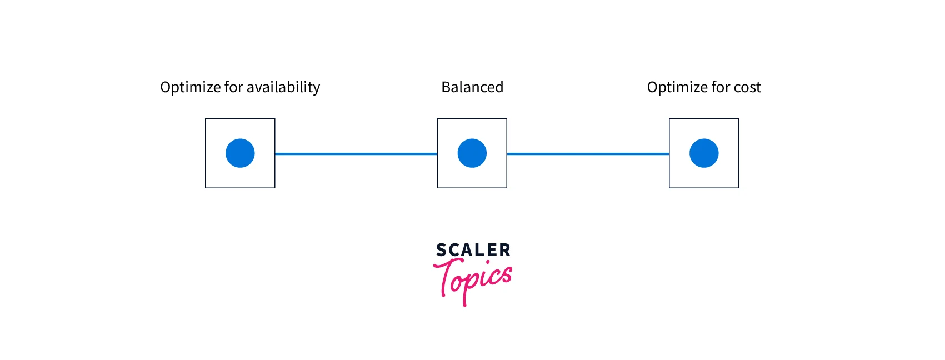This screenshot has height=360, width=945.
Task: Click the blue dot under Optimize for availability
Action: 240,153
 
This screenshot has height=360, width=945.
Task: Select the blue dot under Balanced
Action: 472,153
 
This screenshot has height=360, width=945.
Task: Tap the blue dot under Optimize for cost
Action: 704,153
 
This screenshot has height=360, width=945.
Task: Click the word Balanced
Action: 472,87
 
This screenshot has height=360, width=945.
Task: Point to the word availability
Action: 283,87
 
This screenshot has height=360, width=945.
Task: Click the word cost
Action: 748,88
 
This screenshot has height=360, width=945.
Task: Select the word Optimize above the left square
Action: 190,88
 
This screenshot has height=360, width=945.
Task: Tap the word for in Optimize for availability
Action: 233,87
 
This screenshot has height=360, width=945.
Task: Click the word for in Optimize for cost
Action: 721,87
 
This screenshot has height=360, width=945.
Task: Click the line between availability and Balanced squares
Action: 356,154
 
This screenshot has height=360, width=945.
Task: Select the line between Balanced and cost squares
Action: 588,154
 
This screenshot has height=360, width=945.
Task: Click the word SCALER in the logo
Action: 473,250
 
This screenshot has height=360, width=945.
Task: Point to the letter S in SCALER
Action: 441,250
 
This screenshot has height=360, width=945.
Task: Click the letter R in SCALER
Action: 504,250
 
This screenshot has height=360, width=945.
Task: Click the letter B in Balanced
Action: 446,87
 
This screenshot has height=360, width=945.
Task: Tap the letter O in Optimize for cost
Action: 653,87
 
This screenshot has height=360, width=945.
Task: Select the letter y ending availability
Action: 316,89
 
